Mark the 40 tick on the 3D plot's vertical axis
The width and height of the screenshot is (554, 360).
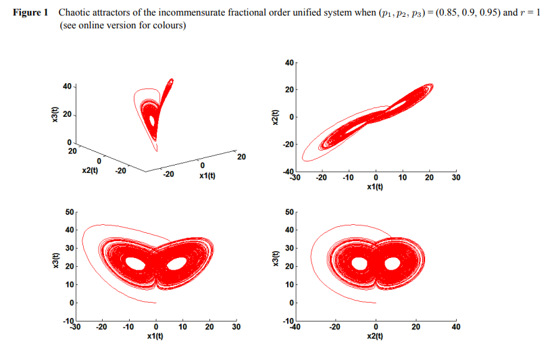tap(66, 86)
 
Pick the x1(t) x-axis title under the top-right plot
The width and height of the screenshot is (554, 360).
tap(375, 187)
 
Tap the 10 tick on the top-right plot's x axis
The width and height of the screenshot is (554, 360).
tap(402, 178)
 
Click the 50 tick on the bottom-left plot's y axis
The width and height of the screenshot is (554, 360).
tap(68, 213)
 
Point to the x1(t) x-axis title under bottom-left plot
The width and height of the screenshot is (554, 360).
tap(156, 336)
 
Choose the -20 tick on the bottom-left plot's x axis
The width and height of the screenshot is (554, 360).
tap(103, 327)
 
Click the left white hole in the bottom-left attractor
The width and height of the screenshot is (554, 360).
tap(136, 263)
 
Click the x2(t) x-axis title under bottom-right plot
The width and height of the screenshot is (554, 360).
tap(375, 336)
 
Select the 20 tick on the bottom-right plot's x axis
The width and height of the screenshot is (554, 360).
tap(415, 327)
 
